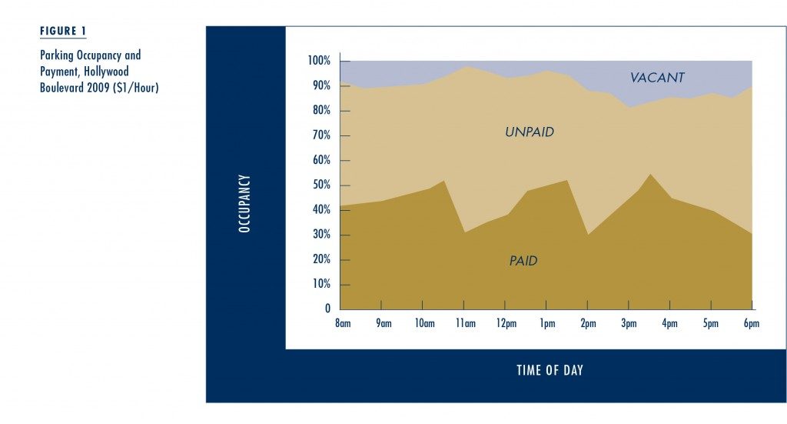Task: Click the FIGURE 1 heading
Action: (x=63, y=31)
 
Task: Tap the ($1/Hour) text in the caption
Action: (x=136, y=88)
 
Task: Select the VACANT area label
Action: (x=657, y=78)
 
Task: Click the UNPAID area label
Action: (x=530, y=132)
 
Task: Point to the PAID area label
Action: (x=523, y=261)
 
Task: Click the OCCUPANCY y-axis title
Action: (x=244, y=203)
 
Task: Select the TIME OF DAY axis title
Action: (x=550, y=370)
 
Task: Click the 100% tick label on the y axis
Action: (x=319, y=61)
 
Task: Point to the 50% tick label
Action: (x=321, y=185)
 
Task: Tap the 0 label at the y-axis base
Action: (x=327, y=309)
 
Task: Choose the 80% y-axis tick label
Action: (x=321, y=110)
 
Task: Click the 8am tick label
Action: (x=343, y=323)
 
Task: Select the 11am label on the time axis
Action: (x=466, y=323)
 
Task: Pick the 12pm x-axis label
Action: (x=506, y=323)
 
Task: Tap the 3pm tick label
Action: (x=629, y=323)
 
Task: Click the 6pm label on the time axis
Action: (x=752, y=323)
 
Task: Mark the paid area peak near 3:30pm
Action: (x=650, y=175)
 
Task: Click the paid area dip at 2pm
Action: (x=588, y=235)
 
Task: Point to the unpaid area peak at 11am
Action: (x=466, y=66)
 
